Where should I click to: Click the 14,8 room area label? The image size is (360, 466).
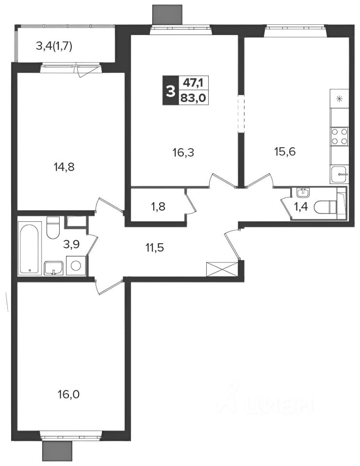point(64,167)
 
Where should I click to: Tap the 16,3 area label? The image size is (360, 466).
point(183,153)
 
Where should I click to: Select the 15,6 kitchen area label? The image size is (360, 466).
point(284,152)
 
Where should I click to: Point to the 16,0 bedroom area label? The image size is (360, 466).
point(68,395)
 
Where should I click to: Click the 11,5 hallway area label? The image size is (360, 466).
point(155,247)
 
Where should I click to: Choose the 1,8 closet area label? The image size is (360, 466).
point(158,207)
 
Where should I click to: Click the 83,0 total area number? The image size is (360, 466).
point(194,98)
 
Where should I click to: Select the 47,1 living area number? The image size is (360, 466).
point(193,83)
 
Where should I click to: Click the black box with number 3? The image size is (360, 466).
point(170,90)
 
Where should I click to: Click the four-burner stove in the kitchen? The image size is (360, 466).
point(339,136)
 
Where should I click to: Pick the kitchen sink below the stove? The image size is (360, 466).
point(339,174)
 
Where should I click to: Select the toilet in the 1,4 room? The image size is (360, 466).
point(325,207)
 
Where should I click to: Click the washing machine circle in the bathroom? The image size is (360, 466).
point(76,266)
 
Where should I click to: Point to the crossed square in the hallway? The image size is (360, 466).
point(222,269)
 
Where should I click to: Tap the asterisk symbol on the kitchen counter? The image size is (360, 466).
point(339,99)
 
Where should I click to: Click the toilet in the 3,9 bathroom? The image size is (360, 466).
point(53,227)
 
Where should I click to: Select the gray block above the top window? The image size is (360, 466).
point(167,14)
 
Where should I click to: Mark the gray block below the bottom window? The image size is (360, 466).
point(57,451)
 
